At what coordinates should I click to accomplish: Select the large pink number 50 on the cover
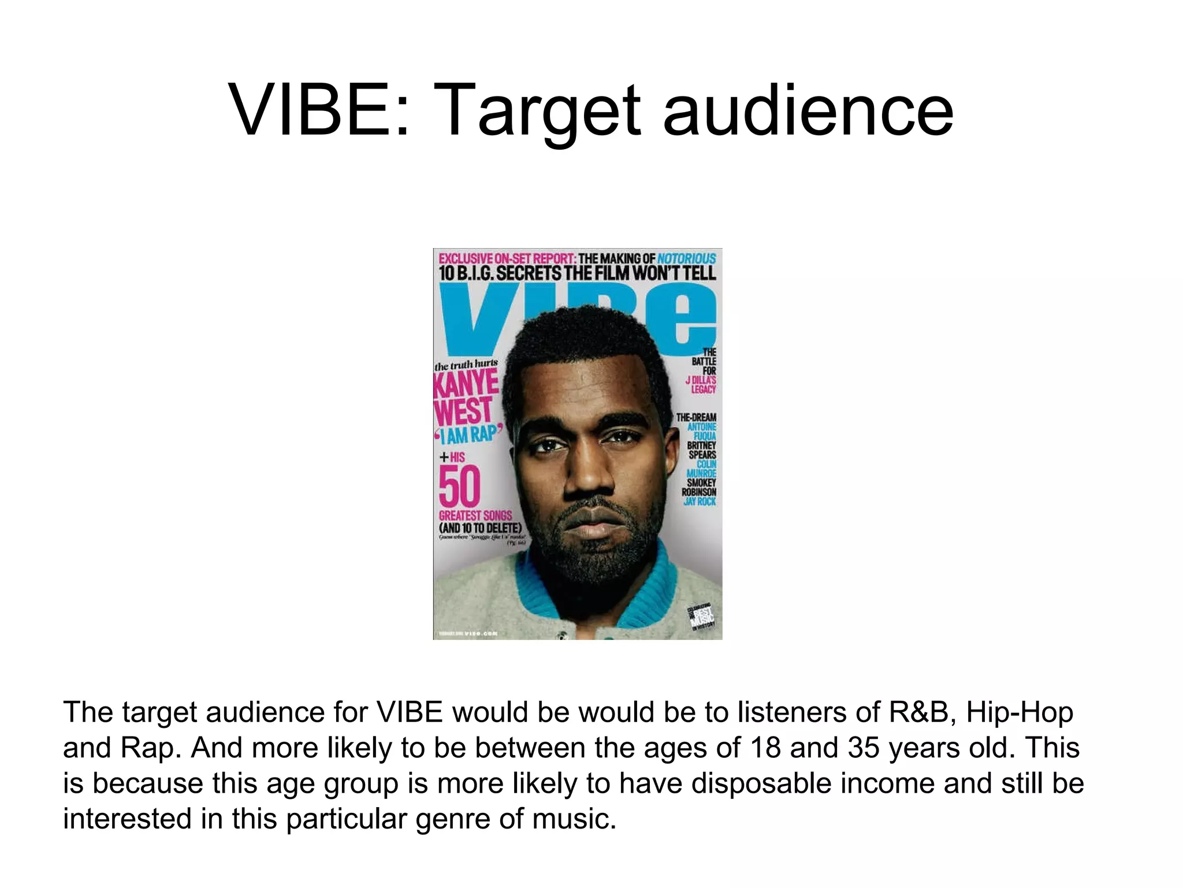459,487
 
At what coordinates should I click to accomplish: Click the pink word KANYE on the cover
466,383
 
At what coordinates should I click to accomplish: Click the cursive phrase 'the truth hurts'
466,365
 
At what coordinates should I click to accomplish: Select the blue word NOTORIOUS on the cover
686,258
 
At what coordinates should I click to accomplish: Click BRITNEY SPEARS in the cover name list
702,450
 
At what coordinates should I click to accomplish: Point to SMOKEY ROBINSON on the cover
700,487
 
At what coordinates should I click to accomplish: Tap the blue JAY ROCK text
700,501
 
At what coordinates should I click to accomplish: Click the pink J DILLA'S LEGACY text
701,384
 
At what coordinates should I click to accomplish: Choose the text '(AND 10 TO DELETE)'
480,528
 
